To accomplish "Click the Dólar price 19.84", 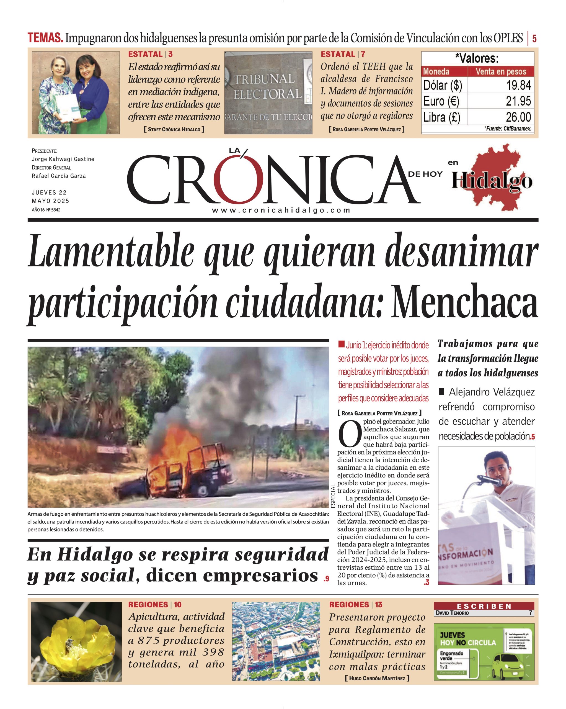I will [518, 85].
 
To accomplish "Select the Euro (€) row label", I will [441, 101].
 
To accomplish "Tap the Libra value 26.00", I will [518, 117].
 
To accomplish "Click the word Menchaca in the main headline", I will [464, 302].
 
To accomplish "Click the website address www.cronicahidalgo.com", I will [281, 210].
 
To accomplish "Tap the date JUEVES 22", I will [49, 192].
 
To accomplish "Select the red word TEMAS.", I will [45, 38].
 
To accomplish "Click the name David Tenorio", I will [452, 613].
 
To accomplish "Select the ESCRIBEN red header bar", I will [484, 606].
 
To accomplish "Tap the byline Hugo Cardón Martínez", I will [377, 678].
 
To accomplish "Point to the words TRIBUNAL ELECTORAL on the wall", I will [267, 86].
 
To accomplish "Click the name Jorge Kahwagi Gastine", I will [63, 159].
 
